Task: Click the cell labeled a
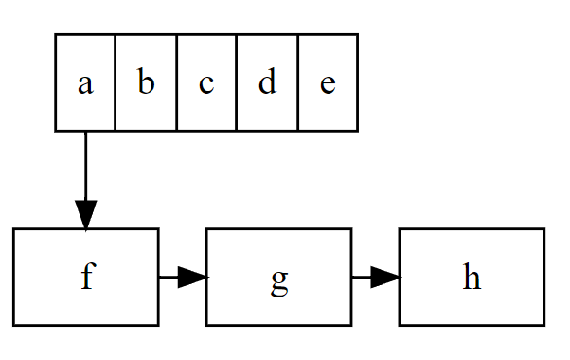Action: pos(85,82)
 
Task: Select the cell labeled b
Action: pos(146,82)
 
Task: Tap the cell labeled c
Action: pos(206,82)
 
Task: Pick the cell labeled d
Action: pos(267,82)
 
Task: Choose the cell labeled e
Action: pos(328,82)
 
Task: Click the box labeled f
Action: pos(85,277)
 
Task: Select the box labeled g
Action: pos(278,277)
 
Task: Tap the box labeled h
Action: pos(472,277)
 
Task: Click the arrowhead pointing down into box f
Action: pos(85,215)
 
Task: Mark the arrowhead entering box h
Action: pos(385,277)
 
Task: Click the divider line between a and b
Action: pos(116,82)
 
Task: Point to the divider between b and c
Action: pos(176,82)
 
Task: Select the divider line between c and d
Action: pos(237,82)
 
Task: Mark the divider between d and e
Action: pos(297,82)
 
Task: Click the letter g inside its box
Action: pos(278,279)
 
